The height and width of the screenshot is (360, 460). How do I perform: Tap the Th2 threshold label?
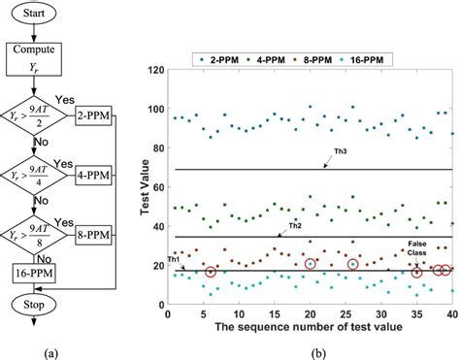(296, 225)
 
